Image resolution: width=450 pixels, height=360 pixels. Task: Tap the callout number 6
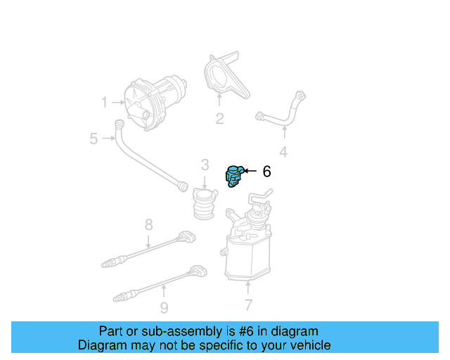click(x=266, y=171)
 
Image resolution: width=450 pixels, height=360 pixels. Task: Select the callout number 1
click(x=104, y=103)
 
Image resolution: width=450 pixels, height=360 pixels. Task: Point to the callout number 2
click(x=219, y=119)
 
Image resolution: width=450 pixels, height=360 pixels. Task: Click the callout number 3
click(x=205, y=165)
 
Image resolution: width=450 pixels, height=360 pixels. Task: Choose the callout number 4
click(x=283, y=152)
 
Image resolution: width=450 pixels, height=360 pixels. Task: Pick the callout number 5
click(x=94, y=139)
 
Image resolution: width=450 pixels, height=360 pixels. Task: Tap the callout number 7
click(x=247, y=304)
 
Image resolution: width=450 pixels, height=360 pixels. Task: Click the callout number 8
click(x=148, y=225)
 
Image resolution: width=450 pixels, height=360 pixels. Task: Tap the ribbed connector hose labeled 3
click(x=203, y=204)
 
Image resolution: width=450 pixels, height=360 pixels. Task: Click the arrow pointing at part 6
click(x=250, y=171)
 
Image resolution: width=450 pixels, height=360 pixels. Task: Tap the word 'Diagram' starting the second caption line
click(x=101, y=345)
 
